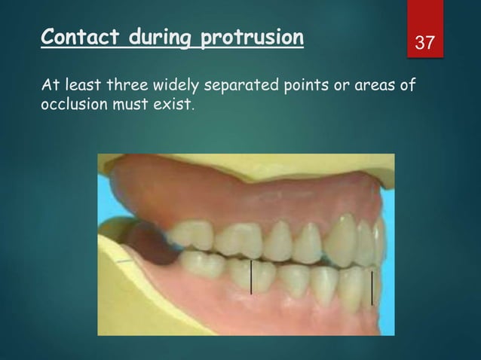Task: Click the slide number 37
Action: pos(426,43)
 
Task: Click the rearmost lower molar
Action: pos(201,265)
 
